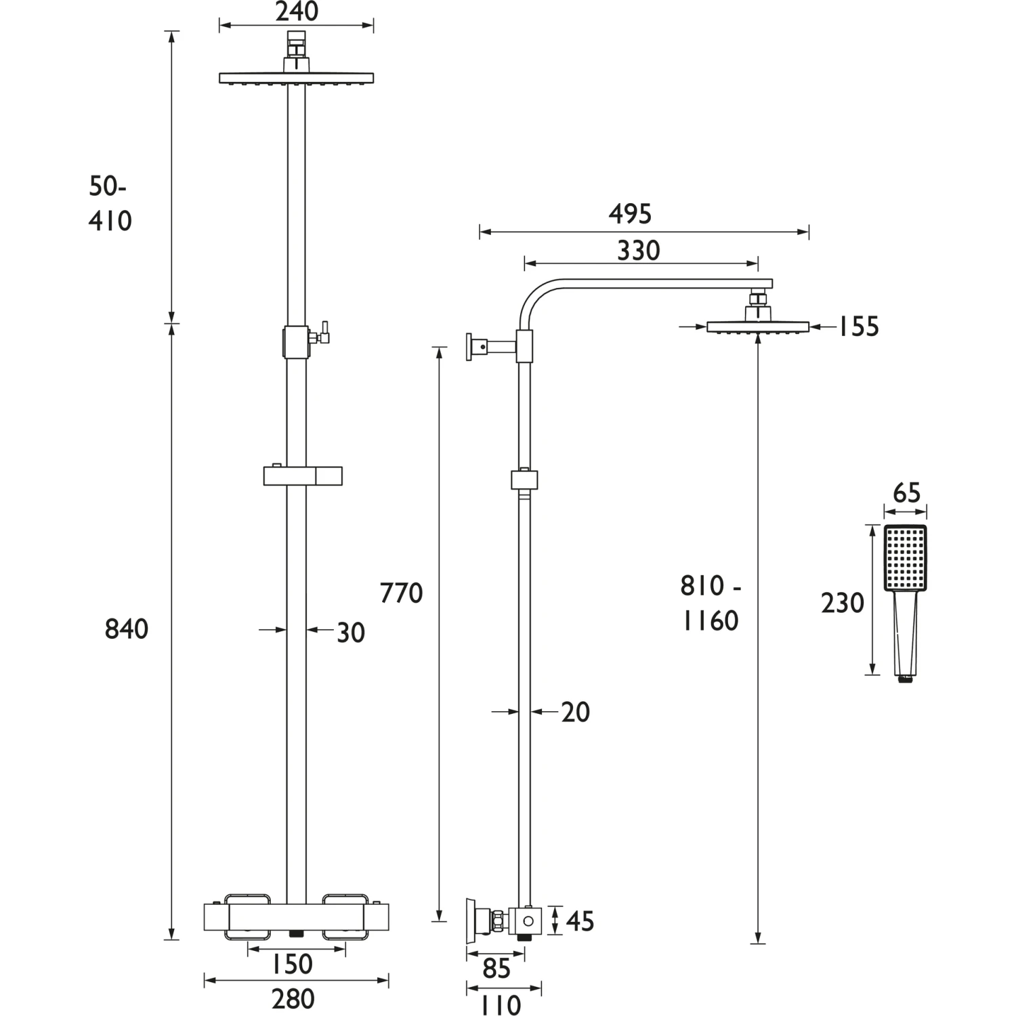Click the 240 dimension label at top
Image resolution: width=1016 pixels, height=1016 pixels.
click(297, 12)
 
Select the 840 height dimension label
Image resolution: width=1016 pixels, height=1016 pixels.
click(127, 629)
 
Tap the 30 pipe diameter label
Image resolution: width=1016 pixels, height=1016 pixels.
click(351, 633)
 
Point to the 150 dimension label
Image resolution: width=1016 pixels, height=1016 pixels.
click(292, 964)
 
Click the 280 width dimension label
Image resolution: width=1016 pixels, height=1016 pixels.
click(293, 999)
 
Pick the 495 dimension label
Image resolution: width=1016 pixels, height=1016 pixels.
click(630, 214)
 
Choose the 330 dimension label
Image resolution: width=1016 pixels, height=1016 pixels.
click(639, 251)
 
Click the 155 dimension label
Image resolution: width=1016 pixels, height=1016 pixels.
click(858, 326)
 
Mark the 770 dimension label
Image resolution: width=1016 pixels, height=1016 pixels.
click(402, 593)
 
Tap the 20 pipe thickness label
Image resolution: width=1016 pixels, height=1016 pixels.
click(576, 713)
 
